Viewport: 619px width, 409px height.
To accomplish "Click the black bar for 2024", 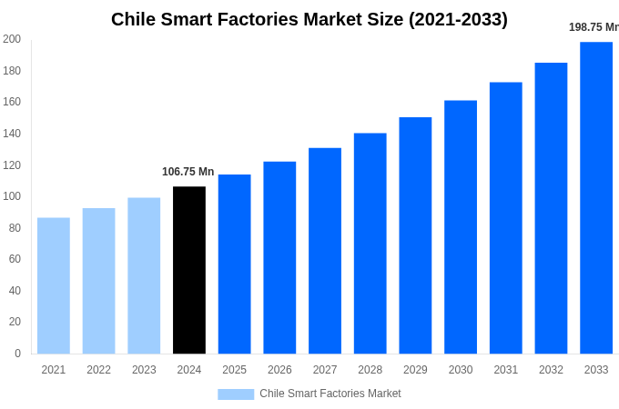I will [189, 270].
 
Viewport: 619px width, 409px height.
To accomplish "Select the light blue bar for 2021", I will [54, 285].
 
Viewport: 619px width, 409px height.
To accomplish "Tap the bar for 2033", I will [596, 197].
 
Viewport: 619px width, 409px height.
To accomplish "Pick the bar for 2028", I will [370, 243].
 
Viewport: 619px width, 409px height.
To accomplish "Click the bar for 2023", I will [144, 275].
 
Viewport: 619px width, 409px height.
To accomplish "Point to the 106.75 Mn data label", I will [188, 172].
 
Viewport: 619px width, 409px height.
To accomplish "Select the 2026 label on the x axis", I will [279, 370].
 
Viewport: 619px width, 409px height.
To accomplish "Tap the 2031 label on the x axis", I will [506, 370].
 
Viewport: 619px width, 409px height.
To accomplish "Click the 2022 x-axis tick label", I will [98, 370].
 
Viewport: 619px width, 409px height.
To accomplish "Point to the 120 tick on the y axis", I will [12, 165].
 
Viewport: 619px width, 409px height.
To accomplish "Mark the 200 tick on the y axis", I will [12, 39].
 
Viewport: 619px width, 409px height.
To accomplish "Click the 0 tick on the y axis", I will [17, 354].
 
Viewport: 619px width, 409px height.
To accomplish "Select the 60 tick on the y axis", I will [14, 259].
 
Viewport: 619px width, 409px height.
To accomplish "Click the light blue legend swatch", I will [236, 394].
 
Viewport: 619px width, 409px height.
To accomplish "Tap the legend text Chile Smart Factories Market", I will [330, 394].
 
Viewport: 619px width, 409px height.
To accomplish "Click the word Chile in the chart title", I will [135, 19].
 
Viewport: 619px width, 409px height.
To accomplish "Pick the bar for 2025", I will [234, 264].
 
